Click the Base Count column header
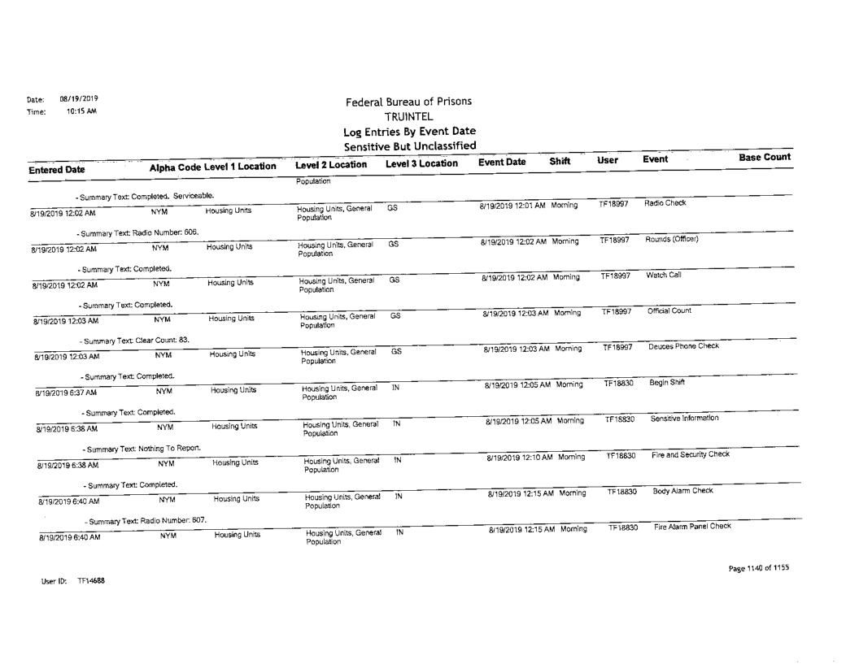tap(765, 156)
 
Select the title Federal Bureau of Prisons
tap(409, 102)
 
